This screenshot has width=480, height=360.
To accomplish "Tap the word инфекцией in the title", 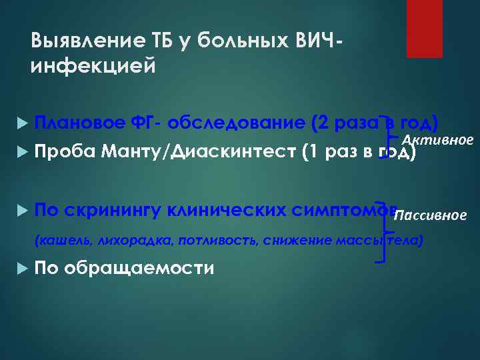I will pyautogui.click(x=93, y=67).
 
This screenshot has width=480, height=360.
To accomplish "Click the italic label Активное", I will pyautogui.click(x=437, y=139).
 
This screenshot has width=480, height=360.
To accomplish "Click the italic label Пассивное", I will pyautogui.click(x=429, y=215).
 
